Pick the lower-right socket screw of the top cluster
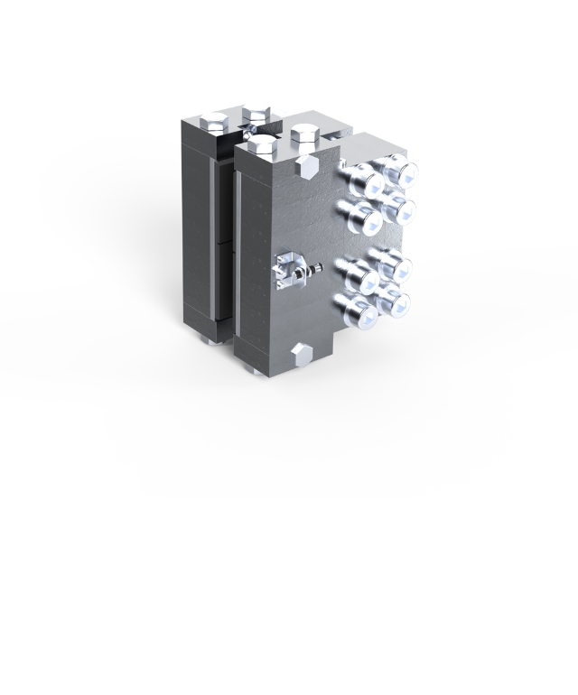click(x=399, y=211)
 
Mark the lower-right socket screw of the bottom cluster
click(x=396, y=301)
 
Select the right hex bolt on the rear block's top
click(x=258, y=116)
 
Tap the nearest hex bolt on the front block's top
click(x=263, y=144)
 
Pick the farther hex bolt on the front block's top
click(x=305, y=135)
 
